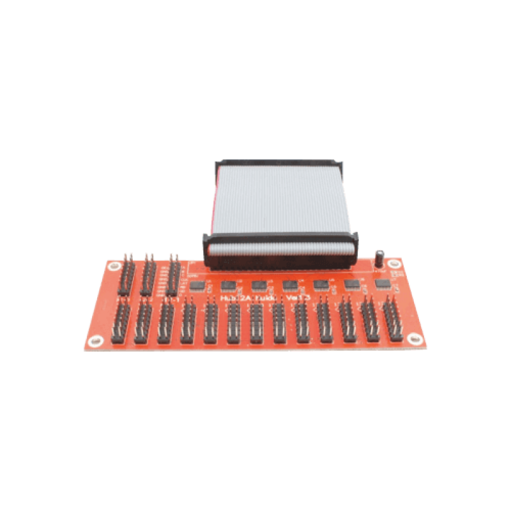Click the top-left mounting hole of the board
pyautogui.click(x=113, y=264)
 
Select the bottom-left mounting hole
pyautogui.click(x=95, y=340)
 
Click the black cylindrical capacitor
pyautogui.click(x=379, y=257)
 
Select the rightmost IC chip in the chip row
pyautogui.click(x=382, y=284)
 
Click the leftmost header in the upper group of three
pyautogui.click(x=126, y=277)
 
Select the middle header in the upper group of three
pyautogui.click(x=148, y=277)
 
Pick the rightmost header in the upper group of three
pyautogui.click(x=171, y=277)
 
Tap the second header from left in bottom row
pyautogui.click(x=142, y=324)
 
